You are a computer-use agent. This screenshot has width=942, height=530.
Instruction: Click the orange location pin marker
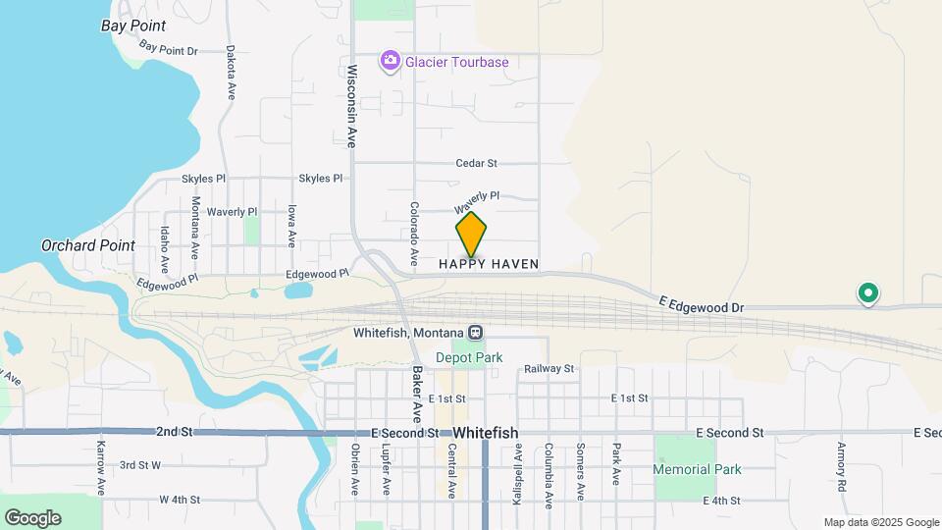tap(471, 235)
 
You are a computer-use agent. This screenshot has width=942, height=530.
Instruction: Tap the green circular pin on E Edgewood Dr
tap(867, 292)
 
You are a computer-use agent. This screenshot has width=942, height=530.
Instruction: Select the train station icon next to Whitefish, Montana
tap(475, 333)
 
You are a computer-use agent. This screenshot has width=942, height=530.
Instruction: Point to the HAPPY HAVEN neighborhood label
tap(489, 264)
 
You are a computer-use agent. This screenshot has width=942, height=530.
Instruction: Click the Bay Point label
tap(133, 26)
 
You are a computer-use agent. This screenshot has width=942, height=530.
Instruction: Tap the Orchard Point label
tap(88, 245)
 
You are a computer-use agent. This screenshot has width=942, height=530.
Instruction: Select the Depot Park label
tap(469, 357)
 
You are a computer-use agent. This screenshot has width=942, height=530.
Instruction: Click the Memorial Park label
tap(698, 469)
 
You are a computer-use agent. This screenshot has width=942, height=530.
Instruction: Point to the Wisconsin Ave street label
tap(352, 106)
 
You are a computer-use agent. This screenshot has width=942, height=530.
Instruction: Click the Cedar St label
tap(477, 163)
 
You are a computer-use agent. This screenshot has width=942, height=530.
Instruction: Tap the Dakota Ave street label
tap(232, 72)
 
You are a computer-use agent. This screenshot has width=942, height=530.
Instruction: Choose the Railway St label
tap(549, 369)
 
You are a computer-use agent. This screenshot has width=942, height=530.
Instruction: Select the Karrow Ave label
tap(101, 467)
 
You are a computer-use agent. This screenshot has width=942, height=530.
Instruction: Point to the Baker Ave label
tap(416, 389)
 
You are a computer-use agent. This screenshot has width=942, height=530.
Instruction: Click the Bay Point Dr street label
tap(169, 47)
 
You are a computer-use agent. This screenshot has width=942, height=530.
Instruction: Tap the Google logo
tap(32, 518)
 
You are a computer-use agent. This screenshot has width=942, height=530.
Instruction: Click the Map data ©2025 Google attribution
tap(881, 522)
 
